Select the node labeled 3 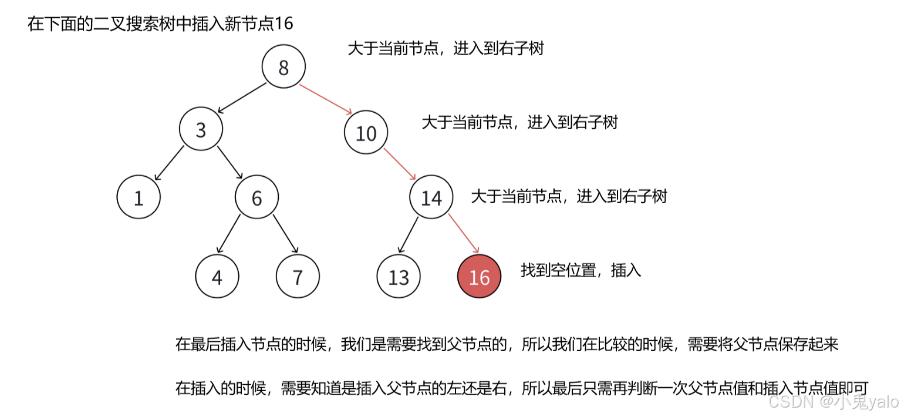point(201,130)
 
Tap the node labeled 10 point(366,133)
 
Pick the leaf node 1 point(139,197)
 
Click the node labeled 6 point(257,197)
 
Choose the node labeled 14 point(431,197)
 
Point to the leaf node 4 point(217,276)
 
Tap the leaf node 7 point(298,276)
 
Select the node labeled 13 point(399,276)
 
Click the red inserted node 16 point(479,276)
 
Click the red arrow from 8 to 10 point(325,99)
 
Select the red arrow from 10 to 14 point(400,164)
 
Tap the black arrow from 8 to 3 point(241,97)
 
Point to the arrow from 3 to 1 point(169,163)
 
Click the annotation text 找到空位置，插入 point(581,270)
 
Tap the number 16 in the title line point(284,24)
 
